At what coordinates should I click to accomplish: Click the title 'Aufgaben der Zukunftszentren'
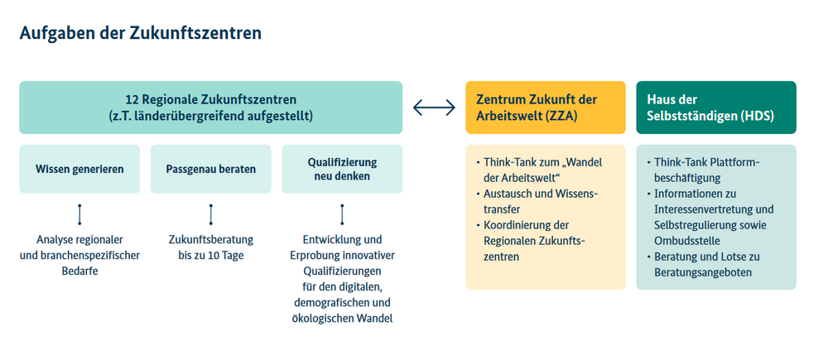[x=141, y=33]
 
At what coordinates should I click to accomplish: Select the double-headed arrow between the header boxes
[x=434, y=108]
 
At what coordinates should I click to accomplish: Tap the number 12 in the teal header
[x=131, y=99]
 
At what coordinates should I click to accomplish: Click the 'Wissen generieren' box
[x=79, y=169]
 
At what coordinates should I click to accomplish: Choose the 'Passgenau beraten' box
[x=210, y=169]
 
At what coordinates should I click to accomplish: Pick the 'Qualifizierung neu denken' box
[x=342, y=169]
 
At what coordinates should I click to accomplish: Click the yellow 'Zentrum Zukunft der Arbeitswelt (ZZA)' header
[x=546, y=107]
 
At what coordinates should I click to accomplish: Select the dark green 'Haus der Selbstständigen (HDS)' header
[x=716, y=107]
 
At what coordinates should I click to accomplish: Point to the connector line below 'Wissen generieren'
[x=79, y=214]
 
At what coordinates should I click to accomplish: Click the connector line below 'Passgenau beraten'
[x=210, y=214]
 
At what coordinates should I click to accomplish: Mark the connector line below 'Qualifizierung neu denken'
[x=342, y=214]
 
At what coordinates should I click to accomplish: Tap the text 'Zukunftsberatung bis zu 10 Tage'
[x=211, y=247]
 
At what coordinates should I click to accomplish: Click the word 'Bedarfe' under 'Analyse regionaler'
[x=79, y=271]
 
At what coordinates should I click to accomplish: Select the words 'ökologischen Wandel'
[x=342, y=319]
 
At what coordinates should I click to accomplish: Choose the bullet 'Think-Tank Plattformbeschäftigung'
[x=703, y=170]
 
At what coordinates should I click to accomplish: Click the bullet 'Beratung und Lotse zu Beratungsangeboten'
[x=703, y=265]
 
